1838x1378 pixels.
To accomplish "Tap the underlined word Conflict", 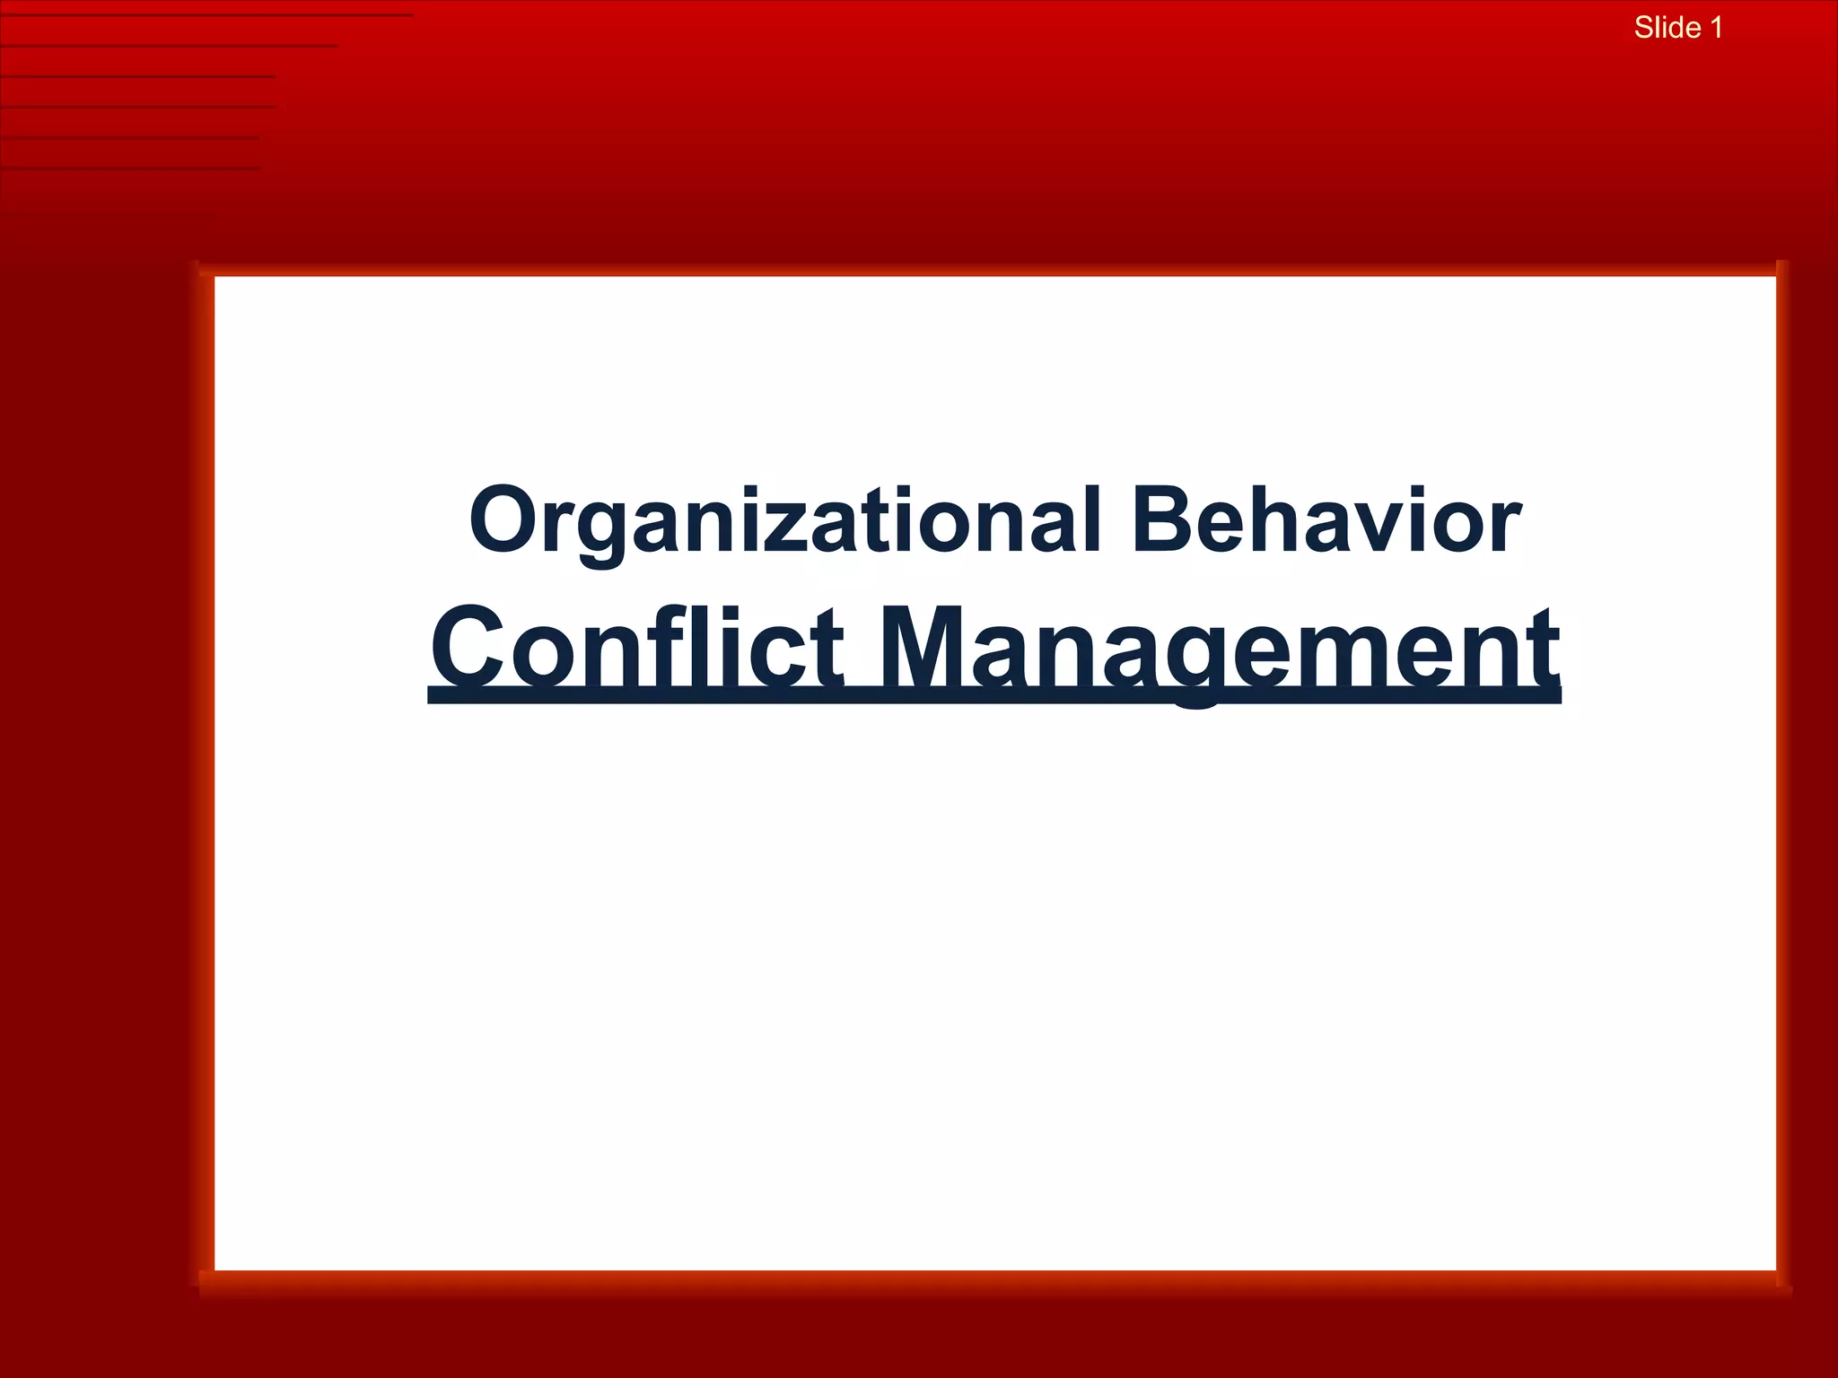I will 636,648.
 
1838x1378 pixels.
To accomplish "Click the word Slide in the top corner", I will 1667,28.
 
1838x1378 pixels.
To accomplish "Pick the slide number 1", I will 1716,28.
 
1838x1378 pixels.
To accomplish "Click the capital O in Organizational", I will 503,520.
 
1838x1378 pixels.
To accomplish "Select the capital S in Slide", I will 1644,28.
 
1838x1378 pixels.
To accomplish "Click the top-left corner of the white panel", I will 216,278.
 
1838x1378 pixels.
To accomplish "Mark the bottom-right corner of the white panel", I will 1774,1269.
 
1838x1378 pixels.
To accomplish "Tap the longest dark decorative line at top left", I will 206,15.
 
